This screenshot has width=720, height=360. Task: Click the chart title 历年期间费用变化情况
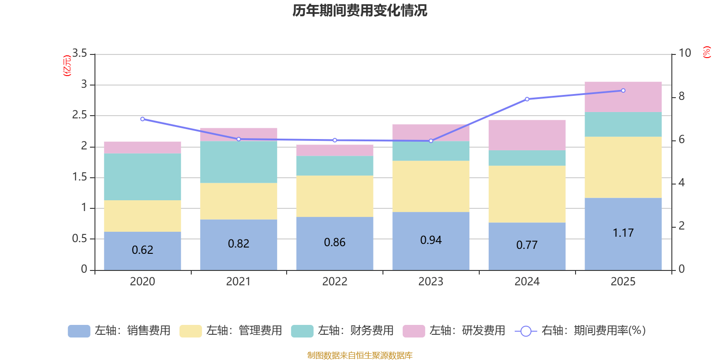click(360, 10)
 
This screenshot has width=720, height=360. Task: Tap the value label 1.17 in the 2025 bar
click(623, 233)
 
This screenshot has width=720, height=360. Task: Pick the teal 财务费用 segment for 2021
click(238, 162)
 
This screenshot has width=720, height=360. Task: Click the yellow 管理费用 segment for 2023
click(431, 186)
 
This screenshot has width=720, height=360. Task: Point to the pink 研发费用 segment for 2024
click(527, 135)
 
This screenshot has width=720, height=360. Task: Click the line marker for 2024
click(527, 99)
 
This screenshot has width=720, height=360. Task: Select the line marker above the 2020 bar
click(142, 119)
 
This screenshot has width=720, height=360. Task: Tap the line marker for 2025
click(623, 90)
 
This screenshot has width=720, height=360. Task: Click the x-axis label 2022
click(335, 282)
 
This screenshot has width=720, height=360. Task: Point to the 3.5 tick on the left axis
click(80, 54)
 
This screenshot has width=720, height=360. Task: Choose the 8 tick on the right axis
click(681, 96)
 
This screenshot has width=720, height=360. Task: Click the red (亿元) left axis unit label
click(67, 66)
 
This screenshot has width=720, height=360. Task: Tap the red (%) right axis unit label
click(706, 52)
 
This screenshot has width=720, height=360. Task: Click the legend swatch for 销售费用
click(79, 331)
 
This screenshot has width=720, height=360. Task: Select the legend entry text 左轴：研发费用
click(467, 331)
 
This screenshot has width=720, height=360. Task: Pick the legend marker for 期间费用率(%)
click(526, 331)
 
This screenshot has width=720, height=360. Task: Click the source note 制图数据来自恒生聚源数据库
click(360, 355)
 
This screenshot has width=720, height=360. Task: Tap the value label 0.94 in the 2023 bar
click(431, 240)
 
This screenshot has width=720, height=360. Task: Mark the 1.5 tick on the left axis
click(80, 177)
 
